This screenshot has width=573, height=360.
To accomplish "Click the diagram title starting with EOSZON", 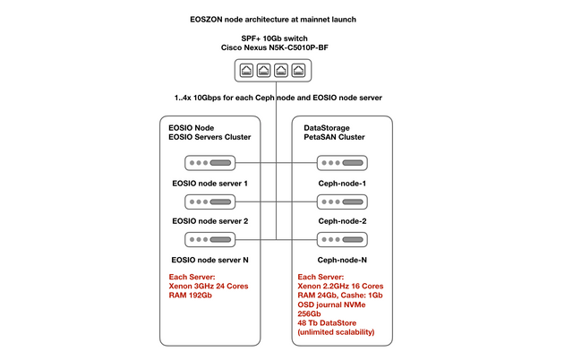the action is point(273,20).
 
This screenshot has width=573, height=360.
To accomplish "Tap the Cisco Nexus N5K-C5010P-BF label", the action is point(275,47).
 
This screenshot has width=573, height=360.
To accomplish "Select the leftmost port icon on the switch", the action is point(247,70).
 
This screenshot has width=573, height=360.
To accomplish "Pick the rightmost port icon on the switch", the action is point(298,70).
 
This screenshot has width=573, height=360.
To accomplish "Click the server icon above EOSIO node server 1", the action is point(210,163).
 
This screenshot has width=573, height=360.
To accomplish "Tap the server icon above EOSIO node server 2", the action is point(210,201).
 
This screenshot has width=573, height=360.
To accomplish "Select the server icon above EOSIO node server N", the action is point(210,240).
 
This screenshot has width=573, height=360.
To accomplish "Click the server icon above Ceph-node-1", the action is point(342,163).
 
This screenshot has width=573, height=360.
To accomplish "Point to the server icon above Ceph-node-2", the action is point(342,201).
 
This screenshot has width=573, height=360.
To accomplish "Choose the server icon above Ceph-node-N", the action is point(342,240).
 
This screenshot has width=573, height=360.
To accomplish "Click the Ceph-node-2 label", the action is point(342,221).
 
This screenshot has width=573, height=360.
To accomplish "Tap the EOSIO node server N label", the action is point(210,260).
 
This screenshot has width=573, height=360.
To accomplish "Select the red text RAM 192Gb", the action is point(190,296).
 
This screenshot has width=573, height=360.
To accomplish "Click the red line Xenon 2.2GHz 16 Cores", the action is point(340,287).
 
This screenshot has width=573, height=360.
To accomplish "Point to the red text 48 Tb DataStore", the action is point(327,323).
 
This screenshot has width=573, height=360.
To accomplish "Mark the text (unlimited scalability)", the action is point(337,332).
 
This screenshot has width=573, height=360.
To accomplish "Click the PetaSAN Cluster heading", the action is point(334,137).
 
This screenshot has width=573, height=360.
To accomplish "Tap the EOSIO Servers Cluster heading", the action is point(210,137).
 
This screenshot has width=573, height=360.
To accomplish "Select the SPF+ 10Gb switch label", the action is point(275,39).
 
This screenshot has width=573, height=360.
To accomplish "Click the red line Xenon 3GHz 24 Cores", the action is point(209,287).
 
